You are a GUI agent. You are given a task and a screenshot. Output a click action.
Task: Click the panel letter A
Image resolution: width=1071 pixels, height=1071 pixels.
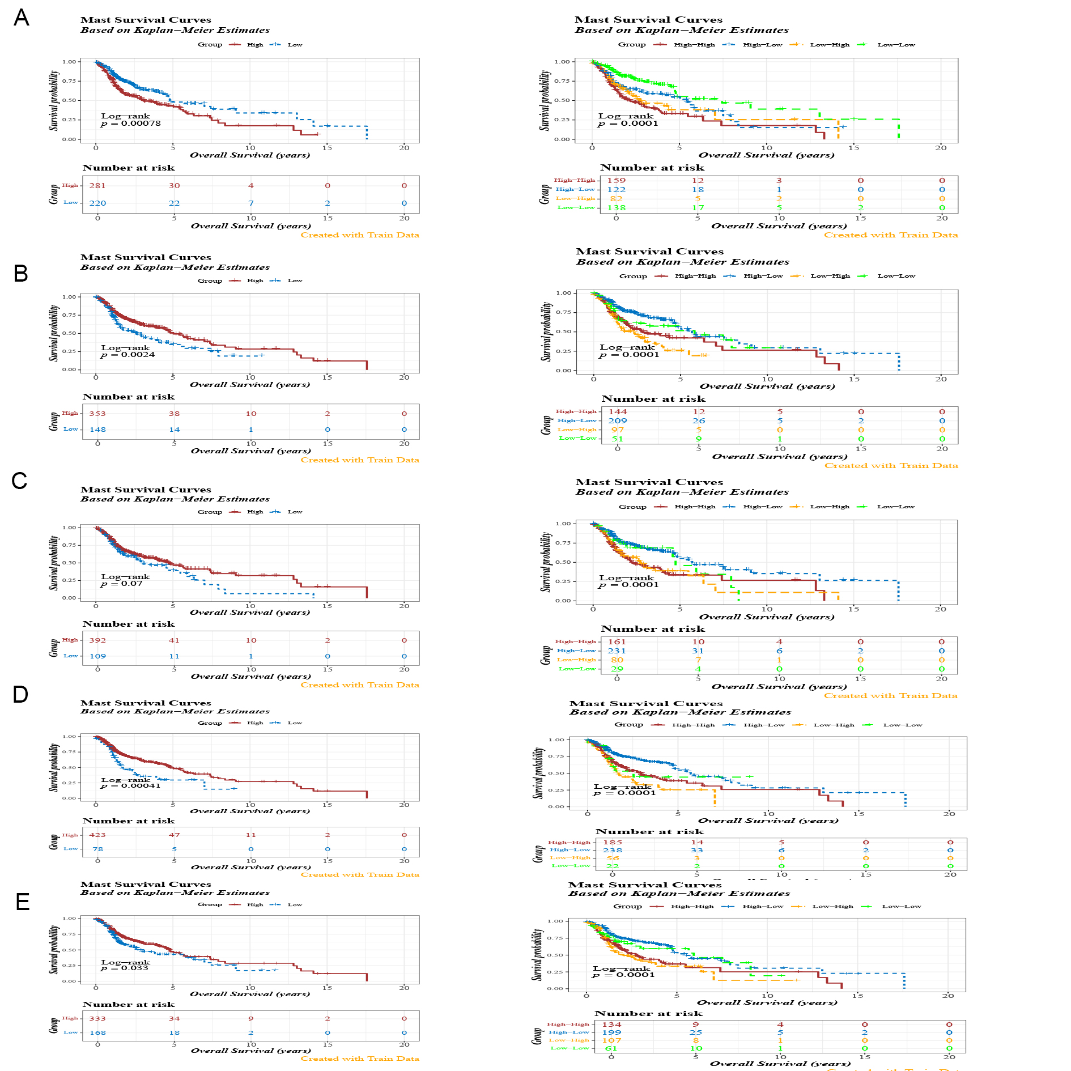[22, 18]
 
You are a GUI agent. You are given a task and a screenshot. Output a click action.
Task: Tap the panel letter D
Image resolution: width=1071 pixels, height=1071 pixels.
[20, 694]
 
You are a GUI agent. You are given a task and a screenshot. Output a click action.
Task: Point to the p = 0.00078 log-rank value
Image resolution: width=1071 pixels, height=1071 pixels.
[131, 124]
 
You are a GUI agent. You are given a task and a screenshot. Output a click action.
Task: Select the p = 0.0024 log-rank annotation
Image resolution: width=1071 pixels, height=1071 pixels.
[128, 355]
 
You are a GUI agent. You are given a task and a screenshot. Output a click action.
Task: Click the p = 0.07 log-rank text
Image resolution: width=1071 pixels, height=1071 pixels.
[122, 584]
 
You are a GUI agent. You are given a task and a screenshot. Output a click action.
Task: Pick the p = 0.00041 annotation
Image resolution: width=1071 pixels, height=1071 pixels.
[131, 786]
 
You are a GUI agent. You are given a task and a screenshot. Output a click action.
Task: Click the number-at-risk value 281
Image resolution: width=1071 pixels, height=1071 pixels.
[97, 186]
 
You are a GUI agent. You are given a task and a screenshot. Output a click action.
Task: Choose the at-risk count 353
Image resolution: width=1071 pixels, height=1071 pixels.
[97, 414]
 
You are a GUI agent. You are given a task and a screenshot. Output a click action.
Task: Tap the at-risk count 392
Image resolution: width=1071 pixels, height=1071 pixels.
[97, 640]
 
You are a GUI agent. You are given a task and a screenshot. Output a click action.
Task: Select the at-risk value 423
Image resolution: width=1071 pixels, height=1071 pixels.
[97, 835]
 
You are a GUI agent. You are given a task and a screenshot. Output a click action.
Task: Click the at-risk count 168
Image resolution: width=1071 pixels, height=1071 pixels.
[97, 1033]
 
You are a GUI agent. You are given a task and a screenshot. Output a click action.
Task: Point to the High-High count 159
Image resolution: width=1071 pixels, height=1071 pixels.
[617, 181]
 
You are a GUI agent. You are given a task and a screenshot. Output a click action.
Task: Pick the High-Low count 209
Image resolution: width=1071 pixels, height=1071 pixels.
[618, 421]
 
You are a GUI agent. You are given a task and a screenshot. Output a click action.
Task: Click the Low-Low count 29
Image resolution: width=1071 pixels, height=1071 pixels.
[617, 669]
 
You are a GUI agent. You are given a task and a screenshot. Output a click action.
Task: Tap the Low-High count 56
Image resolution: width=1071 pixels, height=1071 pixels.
[613, 858]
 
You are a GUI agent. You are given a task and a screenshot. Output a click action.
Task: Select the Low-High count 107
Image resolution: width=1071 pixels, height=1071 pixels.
[612, 1040]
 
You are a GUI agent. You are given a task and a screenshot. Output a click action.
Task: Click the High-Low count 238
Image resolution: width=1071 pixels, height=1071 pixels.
[613, 851]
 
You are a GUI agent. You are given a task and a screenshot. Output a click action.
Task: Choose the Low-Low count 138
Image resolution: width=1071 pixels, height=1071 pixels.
[617, 208]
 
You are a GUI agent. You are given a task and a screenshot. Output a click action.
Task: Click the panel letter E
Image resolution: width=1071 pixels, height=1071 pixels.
[23, 902]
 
